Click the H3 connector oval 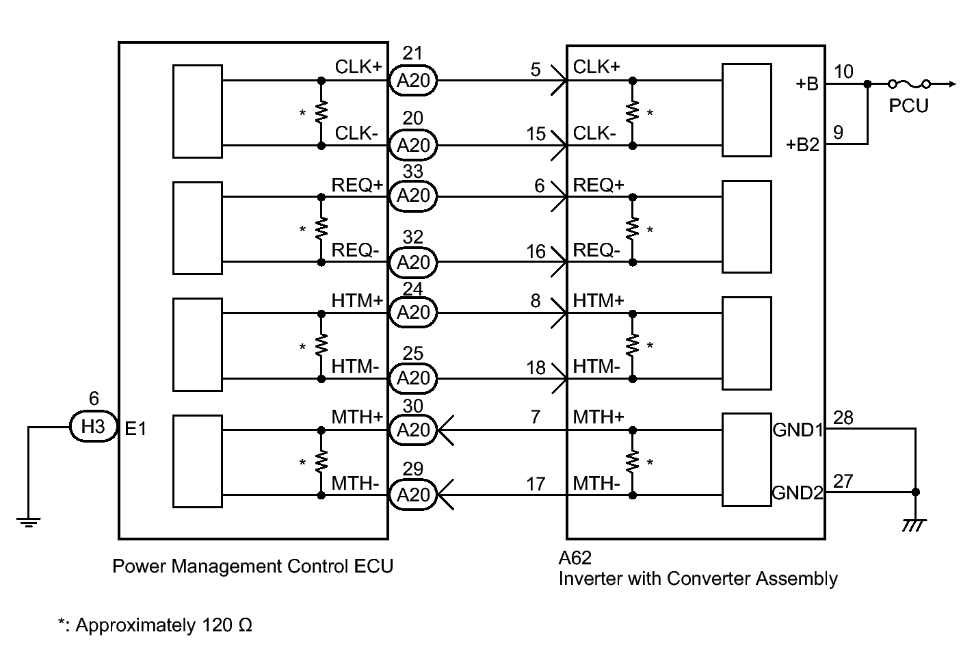point(94,426)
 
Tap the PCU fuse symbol point(909,83)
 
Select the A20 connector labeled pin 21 point(412,81)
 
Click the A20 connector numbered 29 point(412,495)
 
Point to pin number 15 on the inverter point(536,134)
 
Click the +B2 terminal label point(803,144)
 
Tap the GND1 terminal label point(798,430)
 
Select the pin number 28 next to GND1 point(843,418)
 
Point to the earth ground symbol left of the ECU point(29,522)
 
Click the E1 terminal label point(135,429)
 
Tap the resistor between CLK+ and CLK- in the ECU point(321,112)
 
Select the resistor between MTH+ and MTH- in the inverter point(633,462)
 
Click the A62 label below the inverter point(575,557)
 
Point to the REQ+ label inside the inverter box point(598,185)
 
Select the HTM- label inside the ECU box point(355,367)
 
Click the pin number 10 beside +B point(843,72)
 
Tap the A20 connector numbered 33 point(412,196)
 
